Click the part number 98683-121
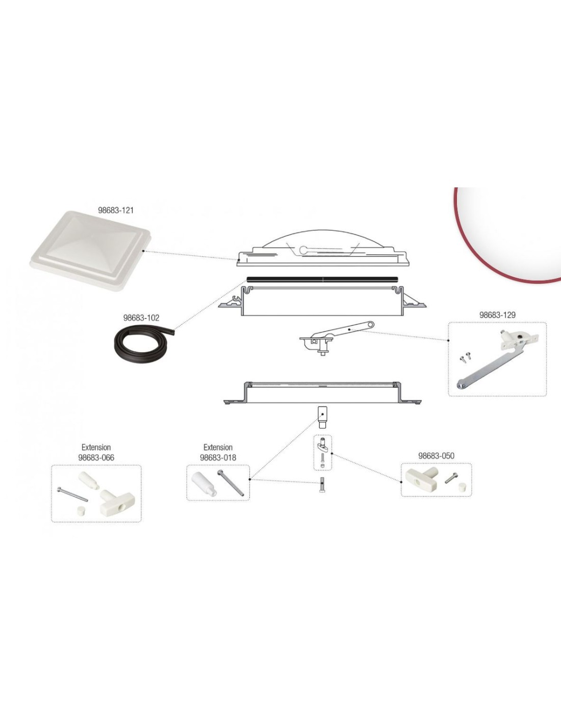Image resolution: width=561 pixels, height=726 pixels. pos(115,210)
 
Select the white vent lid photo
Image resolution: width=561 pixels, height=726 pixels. pos(91,251)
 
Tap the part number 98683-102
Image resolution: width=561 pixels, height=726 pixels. pos(141,318)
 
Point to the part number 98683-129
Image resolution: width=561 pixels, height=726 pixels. pos(497,314)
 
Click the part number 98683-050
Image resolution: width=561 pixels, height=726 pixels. pos(436,456)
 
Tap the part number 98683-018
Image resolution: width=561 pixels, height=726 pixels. pos(218,457)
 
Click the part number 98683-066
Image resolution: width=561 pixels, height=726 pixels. pos(96,457)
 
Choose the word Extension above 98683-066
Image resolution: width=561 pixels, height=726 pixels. pos(96,447)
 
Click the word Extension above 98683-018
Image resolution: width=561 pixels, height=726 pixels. pos(218,447)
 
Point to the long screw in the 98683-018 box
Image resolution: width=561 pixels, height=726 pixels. pos(231,483)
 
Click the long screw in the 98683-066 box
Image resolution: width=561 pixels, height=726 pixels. pos(72,495)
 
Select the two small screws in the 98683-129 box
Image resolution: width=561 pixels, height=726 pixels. pos(465,357)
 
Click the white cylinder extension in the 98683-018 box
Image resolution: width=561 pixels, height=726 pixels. pos(204,485)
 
